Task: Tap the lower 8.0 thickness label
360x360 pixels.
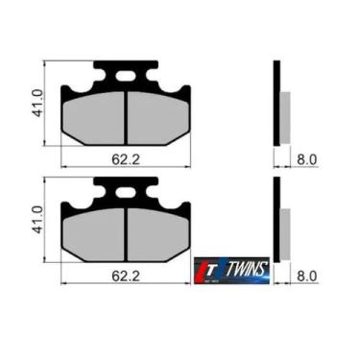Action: coord(306,276)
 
